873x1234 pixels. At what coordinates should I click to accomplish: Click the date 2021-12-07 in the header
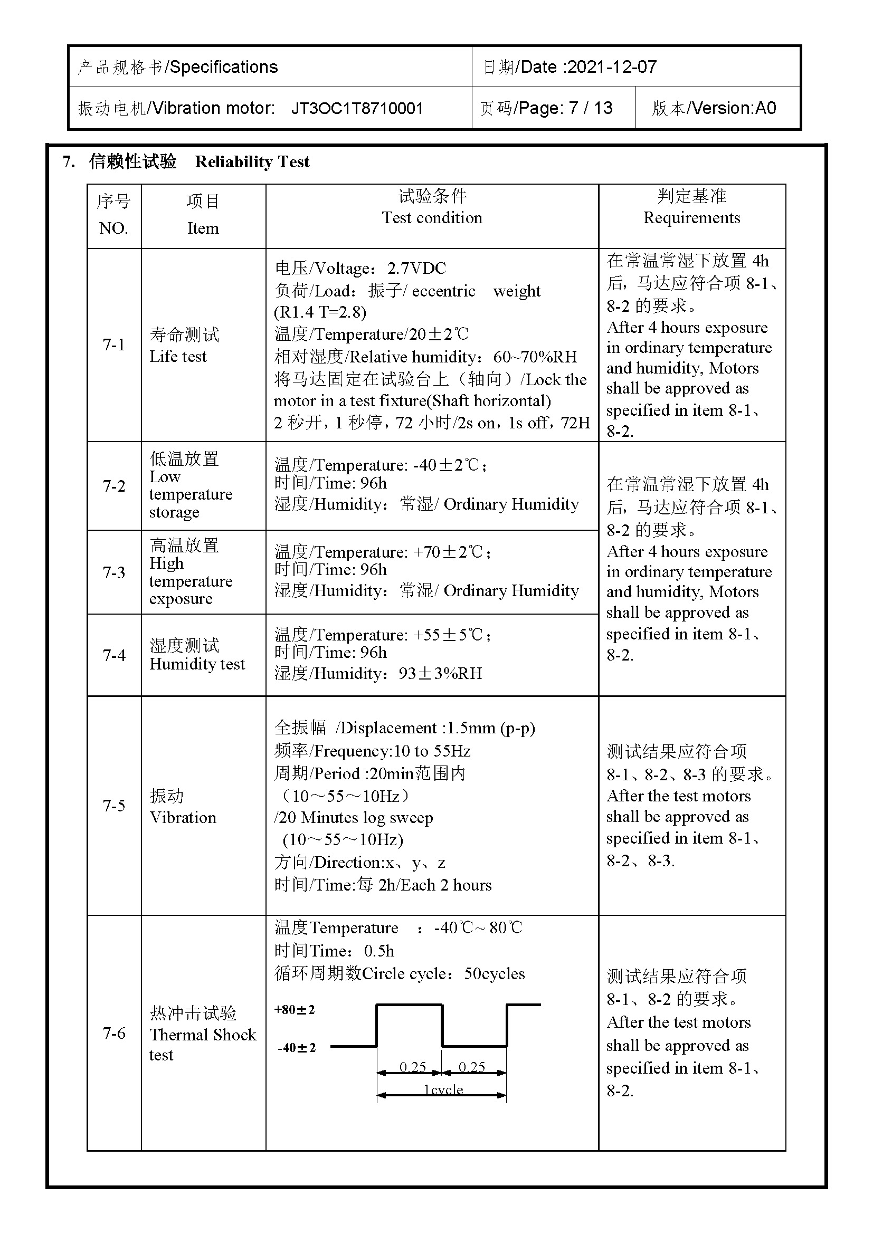click(612, 67)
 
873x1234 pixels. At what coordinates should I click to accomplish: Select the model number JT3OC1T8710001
click(357, 109)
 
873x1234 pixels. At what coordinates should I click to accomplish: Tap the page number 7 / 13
click(591, 109)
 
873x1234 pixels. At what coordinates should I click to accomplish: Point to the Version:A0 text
click(734, 109)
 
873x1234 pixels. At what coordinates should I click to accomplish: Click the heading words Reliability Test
click(252, 162)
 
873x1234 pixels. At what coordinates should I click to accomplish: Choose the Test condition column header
click(432, 218)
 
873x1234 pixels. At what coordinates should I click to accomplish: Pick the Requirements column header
click(691, 218)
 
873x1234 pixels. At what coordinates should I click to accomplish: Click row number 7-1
click(114, 345)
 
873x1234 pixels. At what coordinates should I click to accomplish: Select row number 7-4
click(114, 655)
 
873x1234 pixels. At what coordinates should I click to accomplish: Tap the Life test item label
click(178, 356)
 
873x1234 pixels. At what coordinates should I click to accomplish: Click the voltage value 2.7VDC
click(416, 268)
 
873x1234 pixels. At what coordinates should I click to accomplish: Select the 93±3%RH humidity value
click(440, 673)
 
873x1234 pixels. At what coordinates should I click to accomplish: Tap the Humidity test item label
click(197, 664)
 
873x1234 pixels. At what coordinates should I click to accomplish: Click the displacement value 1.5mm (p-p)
click(491, 728)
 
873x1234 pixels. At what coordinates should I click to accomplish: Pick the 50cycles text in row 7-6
click(495, 974)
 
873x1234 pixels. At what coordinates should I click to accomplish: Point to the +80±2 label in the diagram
click(295, 1010)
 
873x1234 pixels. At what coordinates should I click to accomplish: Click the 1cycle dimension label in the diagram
click(443, 1089)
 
